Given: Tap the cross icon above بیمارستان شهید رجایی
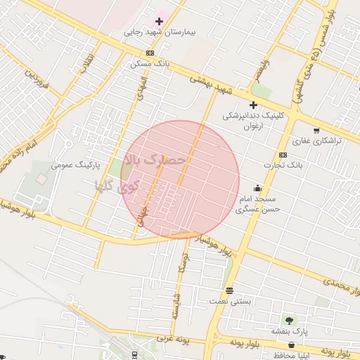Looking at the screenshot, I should pos(160,21).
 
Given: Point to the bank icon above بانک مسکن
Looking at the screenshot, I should pos(150,53).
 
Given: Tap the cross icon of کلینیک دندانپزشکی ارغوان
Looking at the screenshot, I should pos(253,105).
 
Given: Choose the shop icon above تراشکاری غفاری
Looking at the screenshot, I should pos(316,130).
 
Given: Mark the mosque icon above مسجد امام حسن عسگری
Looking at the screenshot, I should pos(258,188).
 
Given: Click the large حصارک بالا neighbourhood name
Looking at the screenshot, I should pos(155,160).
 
